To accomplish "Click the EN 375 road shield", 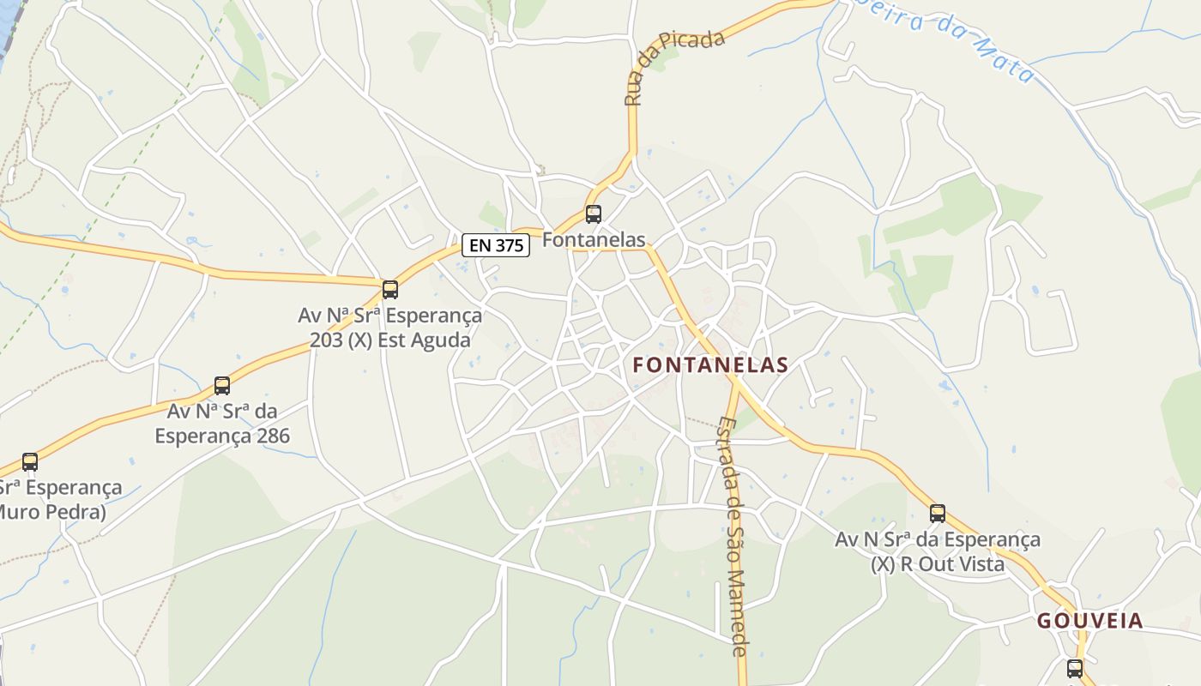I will pos(497,245).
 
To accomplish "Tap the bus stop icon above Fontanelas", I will pos(593,214).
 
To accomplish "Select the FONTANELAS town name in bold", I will pos(710,365).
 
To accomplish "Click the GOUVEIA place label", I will pos(1089,622).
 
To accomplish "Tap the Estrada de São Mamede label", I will pos(734,536).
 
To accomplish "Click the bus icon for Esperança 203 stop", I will pos(390,290).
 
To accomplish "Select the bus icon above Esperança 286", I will pos(222,386).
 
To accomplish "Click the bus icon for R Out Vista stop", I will pos(938,514).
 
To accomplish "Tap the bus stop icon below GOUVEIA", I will pos(1075,669).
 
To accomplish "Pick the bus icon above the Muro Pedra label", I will pos(30,462).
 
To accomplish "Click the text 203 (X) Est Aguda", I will pos(390,340).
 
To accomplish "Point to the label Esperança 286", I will pos(222,436).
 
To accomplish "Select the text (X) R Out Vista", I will pos(938,565).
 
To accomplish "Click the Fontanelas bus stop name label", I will pos(594,240).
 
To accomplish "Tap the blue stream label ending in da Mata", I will pos(944,39).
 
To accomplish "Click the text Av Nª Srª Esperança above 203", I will pos(390,316).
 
